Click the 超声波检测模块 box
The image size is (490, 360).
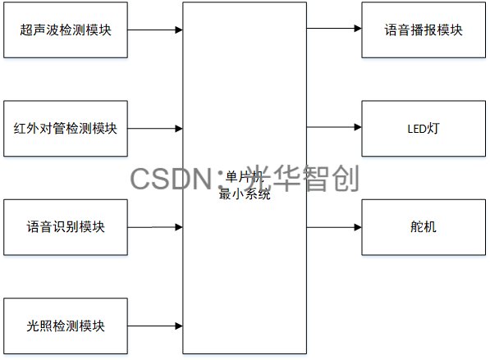[66, 30]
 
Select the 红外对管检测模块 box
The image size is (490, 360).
[66, 129]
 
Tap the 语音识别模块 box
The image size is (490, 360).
[66, 226]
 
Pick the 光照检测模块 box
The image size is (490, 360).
[66, 326]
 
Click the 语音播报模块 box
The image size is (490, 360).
[424, 30]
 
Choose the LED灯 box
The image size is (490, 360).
[424, 128]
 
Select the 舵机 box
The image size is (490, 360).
[424, 226]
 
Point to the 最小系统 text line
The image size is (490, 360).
[244, 195]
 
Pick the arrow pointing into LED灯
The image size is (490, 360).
[334, 128]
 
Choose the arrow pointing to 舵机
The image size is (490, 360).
[334, 226]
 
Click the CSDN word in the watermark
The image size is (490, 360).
[169, 179]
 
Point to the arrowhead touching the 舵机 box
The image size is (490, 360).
[357, 226]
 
